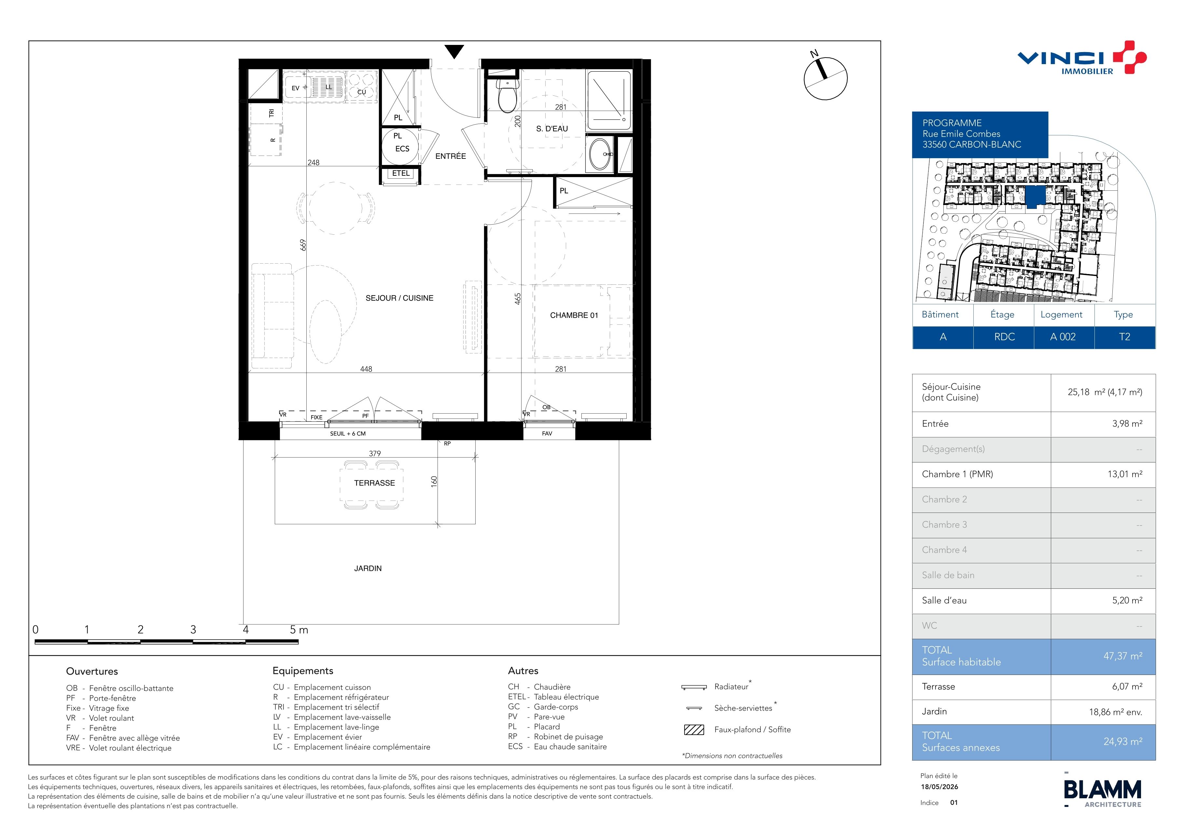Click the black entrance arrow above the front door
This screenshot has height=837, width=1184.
[454, 51]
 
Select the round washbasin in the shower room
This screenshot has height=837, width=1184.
[600, 154]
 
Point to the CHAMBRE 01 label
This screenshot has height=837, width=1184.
[574, 315]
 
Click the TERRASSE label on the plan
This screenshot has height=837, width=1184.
[374, 483]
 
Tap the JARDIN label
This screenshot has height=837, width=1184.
[368, 569]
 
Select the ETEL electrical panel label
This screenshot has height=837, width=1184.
[401, 173]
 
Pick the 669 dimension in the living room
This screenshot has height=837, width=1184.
[303, 245]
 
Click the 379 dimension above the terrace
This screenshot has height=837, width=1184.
[375, 454]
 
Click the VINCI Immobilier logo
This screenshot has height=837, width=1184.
[1081, 58]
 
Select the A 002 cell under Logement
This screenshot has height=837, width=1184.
[1063, 337]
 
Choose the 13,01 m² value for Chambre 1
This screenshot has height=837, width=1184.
[1125, 474]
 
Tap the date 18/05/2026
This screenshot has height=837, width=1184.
[940, 787]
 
